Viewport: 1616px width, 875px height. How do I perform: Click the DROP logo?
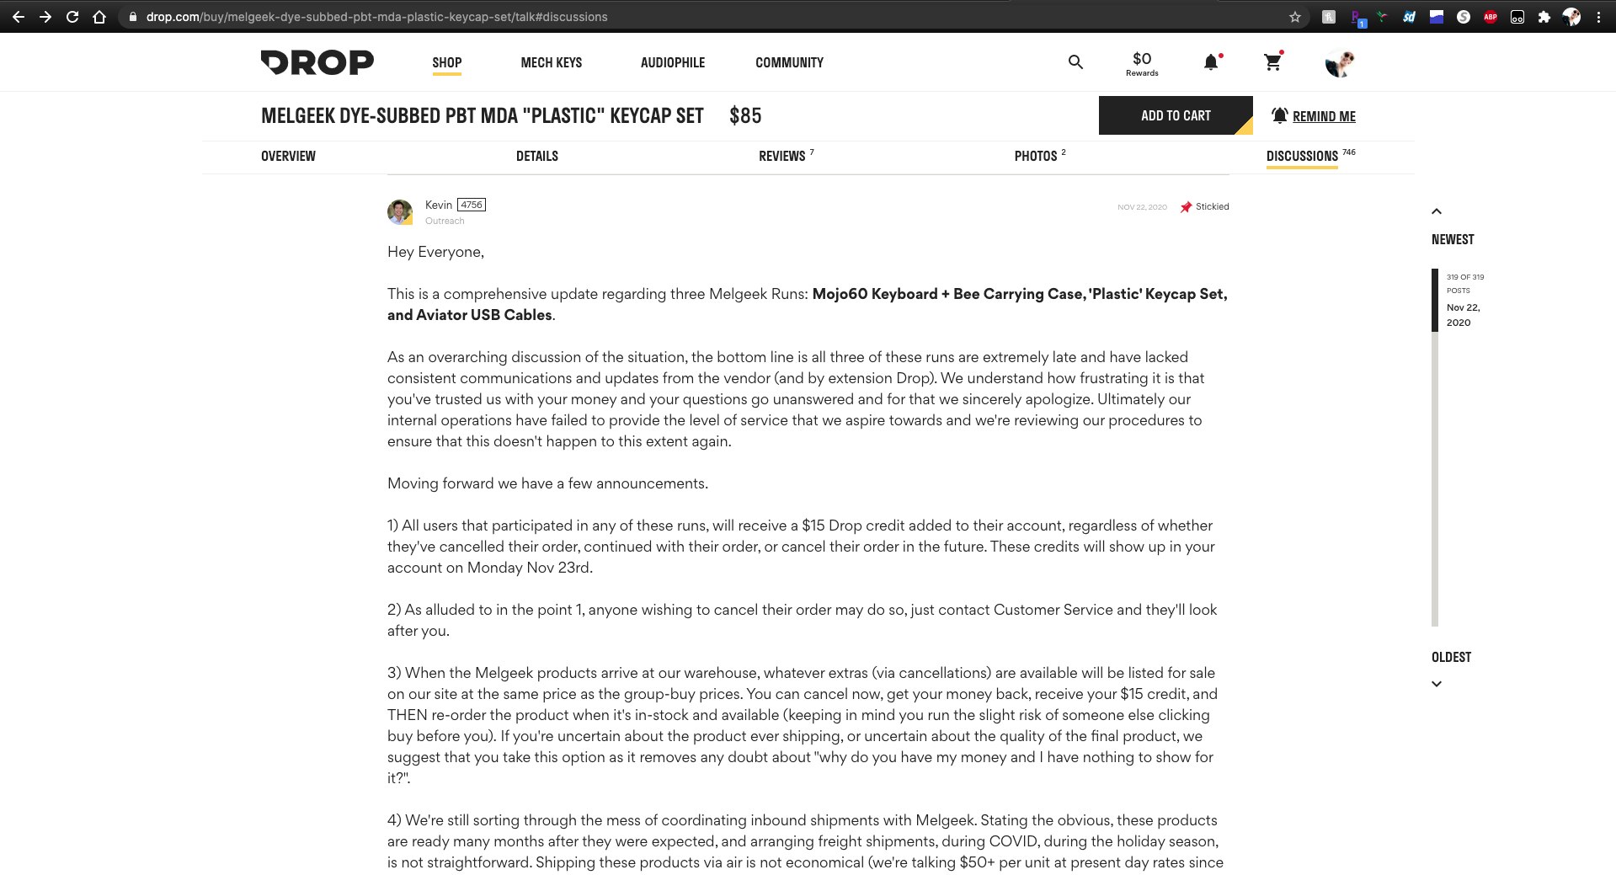[317, 62]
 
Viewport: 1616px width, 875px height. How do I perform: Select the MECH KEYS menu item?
[551, 62]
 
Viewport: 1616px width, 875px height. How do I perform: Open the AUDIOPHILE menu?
[672, 62]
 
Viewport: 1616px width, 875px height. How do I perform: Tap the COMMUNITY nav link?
[789, 62]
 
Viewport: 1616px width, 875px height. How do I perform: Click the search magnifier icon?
[1075, 61]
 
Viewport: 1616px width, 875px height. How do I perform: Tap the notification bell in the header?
[1211, 62]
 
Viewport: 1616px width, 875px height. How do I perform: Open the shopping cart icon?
[1272, 61]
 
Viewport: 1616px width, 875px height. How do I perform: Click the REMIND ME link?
[1323, 116]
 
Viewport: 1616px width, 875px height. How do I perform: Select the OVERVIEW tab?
[288, 156]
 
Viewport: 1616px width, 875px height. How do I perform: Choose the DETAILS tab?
[536, 156]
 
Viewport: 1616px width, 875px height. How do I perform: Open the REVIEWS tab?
[782, 156]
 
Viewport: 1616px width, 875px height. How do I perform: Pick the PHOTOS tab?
[1036, 156]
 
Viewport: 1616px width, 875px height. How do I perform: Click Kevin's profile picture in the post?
[400, 211]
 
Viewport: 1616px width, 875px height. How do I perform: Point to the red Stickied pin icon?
[1186, 207]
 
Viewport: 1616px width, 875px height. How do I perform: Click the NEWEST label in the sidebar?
[1453, 239]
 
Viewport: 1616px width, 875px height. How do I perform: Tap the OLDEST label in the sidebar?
[1451, 657]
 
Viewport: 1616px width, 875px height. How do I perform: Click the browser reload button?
[72, 17]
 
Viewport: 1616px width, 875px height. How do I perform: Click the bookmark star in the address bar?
[1295, 17]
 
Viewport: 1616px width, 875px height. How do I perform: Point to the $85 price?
[745, 115]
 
